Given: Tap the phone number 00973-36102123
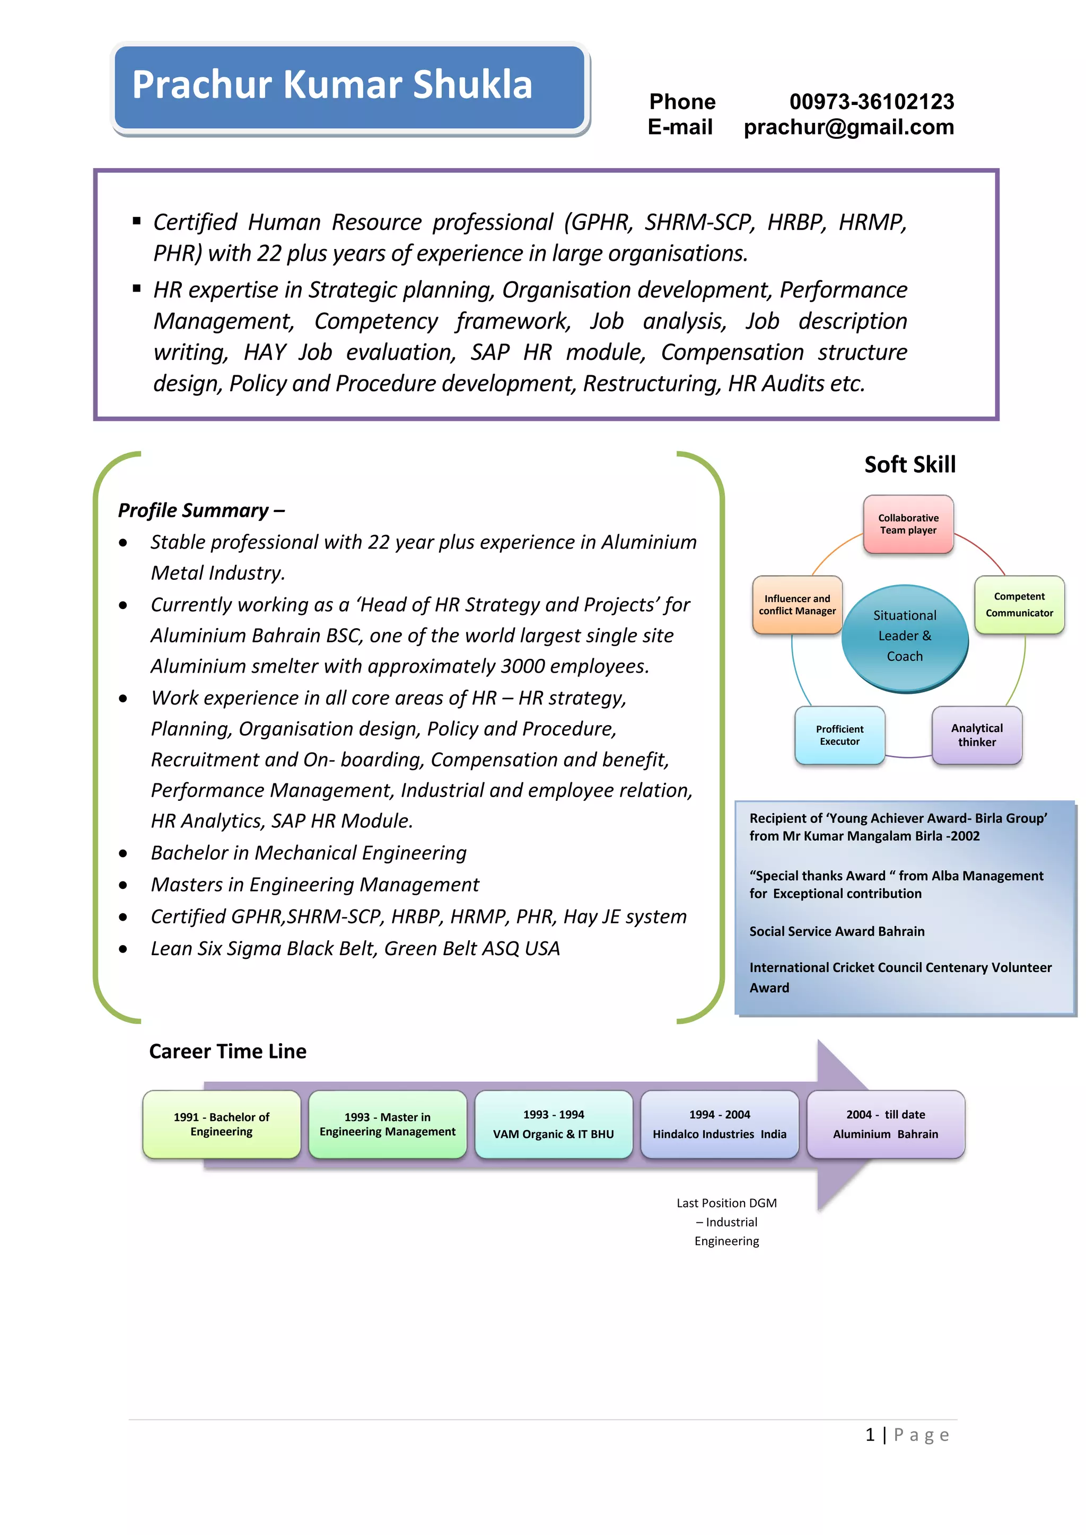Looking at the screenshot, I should point(871,102).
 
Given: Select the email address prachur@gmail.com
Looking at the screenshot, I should point(848,127).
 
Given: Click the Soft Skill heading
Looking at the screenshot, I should point(909,465).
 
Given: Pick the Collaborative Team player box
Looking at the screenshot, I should point(908,524).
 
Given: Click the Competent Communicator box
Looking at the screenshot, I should point(1019,604).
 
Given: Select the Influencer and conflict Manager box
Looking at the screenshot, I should point(797,605).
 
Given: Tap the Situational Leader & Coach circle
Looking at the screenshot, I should point(904,636).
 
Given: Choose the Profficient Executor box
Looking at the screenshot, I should point(839,735).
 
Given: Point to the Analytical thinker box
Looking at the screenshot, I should point(976,735).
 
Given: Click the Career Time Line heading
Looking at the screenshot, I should point(227,1052).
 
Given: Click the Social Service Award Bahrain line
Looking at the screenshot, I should point(837,931).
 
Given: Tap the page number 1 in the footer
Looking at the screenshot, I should point(870,1435).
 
